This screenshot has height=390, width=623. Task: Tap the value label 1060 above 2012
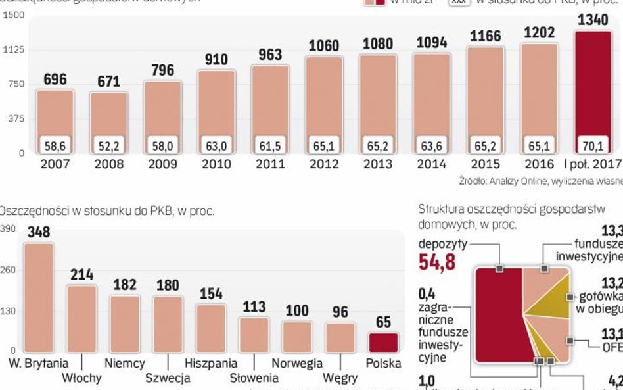point(324,46)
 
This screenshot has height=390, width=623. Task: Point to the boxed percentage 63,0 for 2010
point(217,145)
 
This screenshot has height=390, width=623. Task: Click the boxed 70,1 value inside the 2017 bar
point(593,145)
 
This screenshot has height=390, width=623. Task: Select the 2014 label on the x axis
point(431,164)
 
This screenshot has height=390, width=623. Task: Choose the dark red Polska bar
point(383,343)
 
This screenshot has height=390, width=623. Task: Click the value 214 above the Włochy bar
point(82,274)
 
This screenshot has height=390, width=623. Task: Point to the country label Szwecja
point(168,378)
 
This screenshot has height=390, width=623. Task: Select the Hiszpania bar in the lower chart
point(211,328)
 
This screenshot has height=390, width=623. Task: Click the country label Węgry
point(340,378)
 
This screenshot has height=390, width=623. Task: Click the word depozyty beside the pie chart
point(443,244)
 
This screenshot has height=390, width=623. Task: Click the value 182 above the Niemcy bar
point(125,285)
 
